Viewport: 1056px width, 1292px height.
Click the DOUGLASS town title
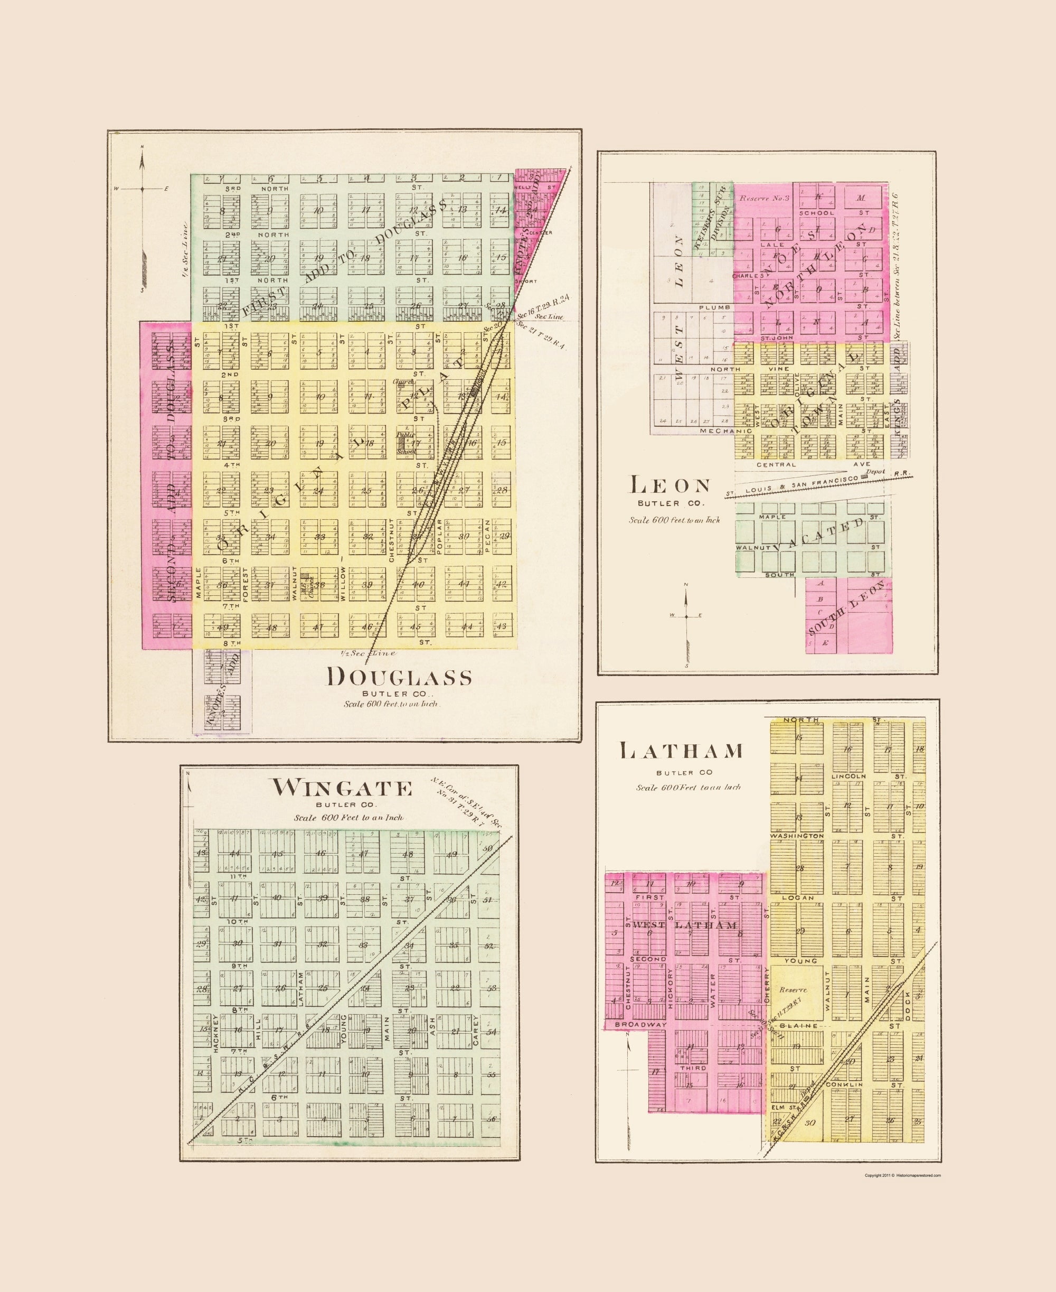click(x=400, y=677)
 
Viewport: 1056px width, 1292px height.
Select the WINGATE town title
click(x=341, y=788)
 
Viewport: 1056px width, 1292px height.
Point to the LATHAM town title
click(x=681, y=751)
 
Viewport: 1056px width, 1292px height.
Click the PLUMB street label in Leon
click(x=710, y=308)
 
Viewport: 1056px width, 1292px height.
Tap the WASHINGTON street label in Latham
click(x=796, y=836)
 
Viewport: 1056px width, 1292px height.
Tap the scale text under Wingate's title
click(x=348, y=818)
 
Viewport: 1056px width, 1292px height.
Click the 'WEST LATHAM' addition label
click(x=684, y=925)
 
